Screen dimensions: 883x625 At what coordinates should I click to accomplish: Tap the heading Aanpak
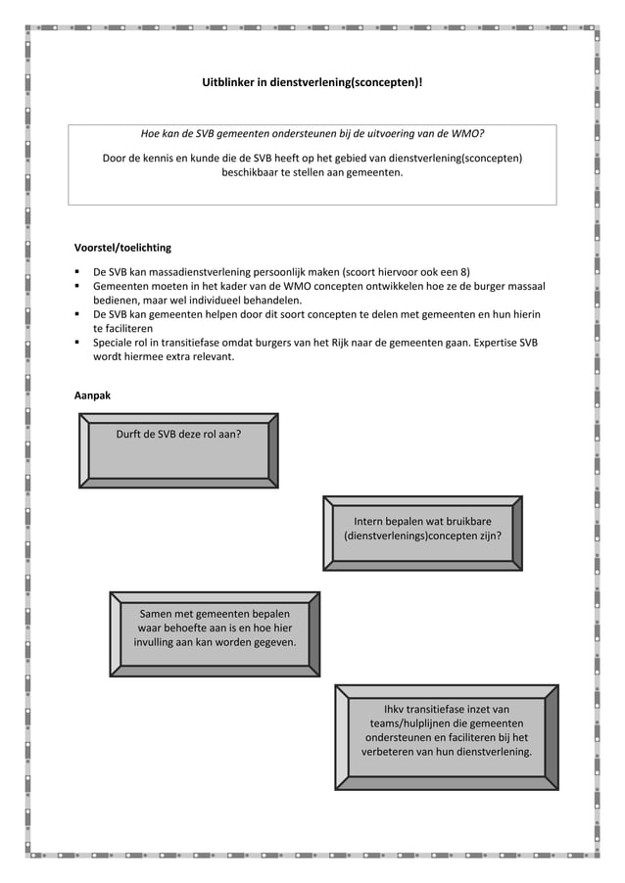[93, 395]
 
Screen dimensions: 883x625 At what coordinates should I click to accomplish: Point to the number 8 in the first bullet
[465, 272]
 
